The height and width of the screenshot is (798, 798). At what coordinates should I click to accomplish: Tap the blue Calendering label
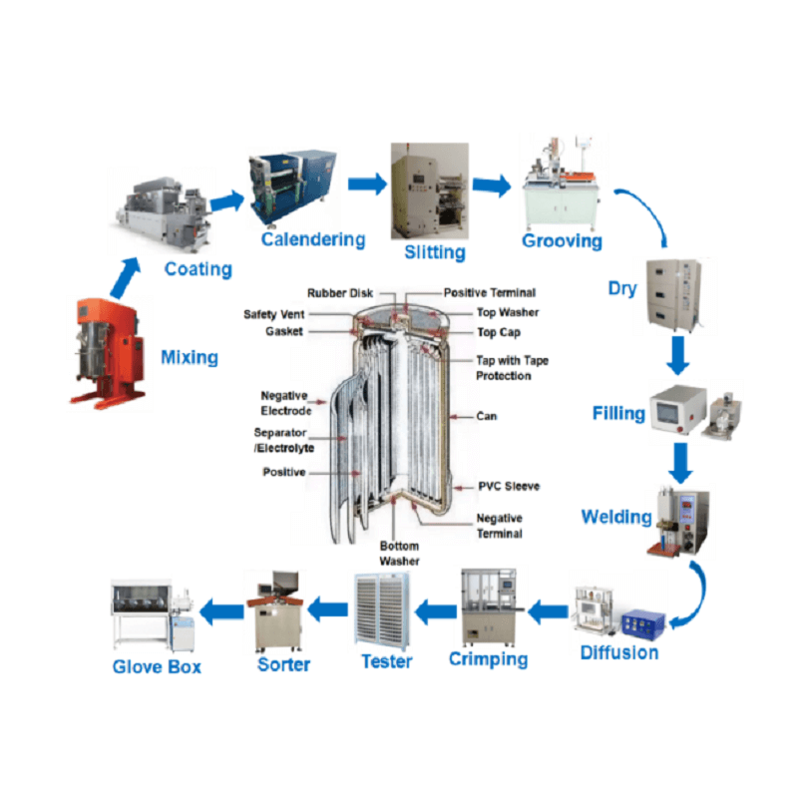coord(313,239)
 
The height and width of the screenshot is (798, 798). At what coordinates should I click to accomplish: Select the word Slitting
coord(435,252)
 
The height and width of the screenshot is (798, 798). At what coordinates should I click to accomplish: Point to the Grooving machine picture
coord(561,184)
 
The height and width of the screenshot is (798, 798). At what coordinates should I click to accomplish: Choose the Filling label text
coord(618,413)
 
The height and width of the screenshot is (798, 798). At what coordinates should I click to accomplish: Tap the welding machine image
coord(679,522)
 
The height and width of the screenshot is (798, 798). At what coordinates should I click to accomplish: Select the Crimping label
coord(488,659)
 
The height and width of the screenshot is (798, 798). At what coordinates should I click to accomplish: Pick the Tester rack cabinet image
coord(382,611)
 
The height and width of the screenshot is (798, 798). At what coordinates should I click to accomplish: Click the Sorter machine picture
coord(276,611)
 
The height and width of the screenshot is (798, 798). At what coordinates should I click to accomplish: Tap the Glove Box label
coord(157,666)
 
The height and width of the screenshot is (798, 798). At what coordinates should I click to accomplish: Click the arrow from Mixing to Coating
coord(126,277)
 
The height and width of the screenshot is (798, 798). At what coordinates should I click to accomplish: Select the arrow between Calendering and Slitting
coord(367,184)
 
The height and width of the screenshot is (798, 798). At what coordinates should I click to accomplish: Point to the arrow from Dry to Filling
coord(678,355)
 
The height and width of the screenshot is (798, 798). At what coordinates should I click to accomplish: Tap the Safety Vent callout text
coord(273,314)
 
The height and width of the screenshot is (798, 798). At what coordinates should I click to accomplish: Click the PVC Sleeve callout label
coord(509,486)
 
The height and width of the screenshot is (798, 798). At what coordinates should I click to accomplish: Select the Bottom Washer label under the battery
coord(400,554)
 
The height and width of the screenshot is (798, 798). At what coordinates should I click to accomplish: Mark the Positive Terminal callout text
coord(490,292)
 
